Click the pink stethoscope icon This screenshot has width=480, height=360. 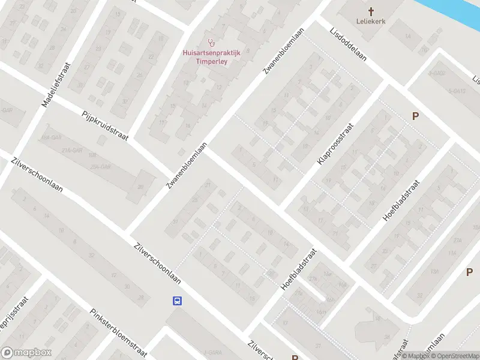coord(211,43)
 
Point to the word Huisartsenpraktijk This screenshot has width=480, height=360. coord(211,52)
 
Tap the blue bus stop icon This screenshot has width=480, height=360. coord(178,300)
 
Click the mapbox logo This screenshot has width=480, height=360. coord(26,353)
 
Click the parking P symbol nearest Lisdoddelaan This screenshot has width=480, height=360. coord(414,116)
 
